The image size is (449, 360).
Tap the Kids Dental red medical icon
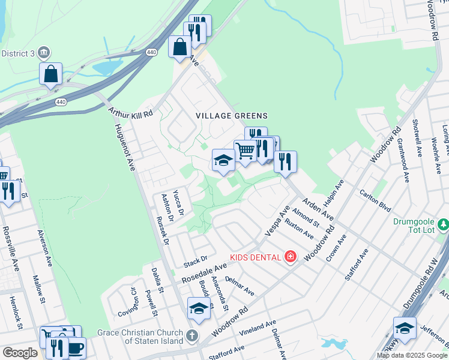[291, 257]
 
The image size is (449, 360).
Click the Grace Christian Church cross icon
[191, 335]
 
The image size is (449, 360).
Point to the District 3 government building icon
[44, 53]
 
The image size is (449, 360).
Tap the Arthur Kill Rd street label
[130, 112]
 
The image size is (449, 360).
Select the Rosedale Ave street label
[204, 271]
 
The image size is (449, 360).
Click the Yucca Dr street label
[178, 202]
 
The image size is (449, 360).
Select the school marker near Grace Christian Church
[199, 308]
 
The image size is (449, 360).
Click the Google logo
[20, 353]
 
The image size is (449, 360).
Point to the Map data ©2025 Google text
[412, 355]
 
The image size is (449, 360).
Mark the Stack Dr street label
[194, 260]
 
